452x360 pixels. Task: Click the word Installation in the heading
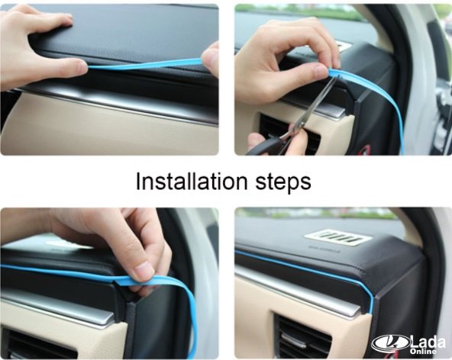(192, 182)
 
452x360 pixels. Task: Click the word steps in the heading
(283, 183)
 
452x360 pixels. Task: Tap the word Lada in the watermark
(428, 342)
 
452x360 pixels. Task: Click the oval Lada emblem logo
(391, 343)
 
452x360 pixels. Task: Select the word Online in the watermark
(423, 352)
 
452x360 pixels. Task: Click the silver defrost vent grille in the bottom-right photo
(337, 238)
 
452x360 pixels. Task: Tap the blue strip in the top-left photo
(145, 64)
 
